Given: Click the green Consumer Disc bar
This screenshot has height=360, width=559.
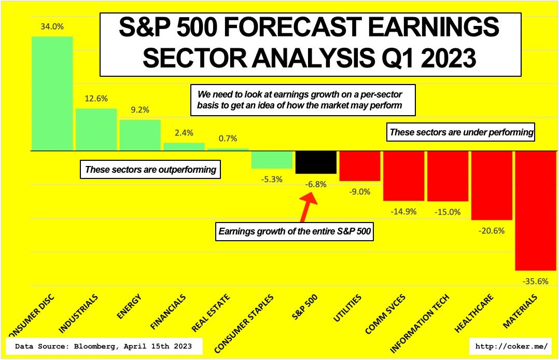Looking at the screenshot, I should (52, 93).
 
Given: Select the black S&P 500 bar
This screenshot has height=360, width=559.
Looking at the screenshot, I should (316, 162).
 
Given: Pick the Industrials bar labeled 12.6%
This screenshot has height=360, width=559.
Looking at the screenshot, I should (96, 129).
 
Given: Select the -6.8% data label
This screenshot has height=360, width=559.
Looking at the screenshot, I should (315, 184).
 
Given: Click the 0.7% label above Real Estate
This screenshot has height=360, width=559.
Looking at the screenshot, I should (228, 139).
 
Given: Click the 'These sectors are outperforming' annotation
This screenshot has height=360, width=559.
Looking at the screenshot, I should (150, 169).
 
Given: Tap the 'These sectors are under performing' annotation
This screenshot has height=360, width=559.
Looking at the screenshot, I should (461, 132).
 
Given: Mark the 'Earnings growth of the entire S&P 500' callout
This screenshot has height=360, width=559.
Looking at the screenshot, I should (294, 231).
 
